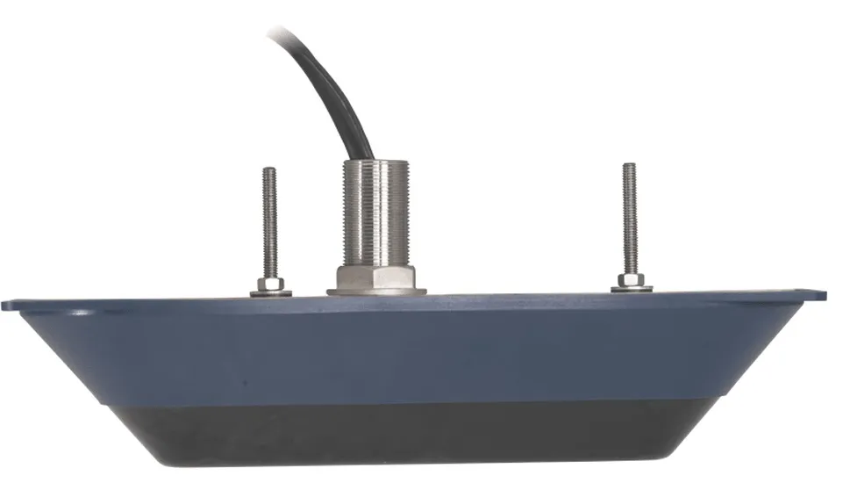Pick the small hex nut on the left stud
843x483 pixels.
coord(268,285)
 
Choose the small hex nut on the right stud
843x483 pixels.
coord(630,281)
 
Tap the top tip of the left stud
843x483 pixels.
coord(269,170)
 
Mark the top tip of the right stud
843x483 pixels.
coord(629,166)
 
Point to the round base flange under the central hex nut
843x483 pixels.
coord(376,291)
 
